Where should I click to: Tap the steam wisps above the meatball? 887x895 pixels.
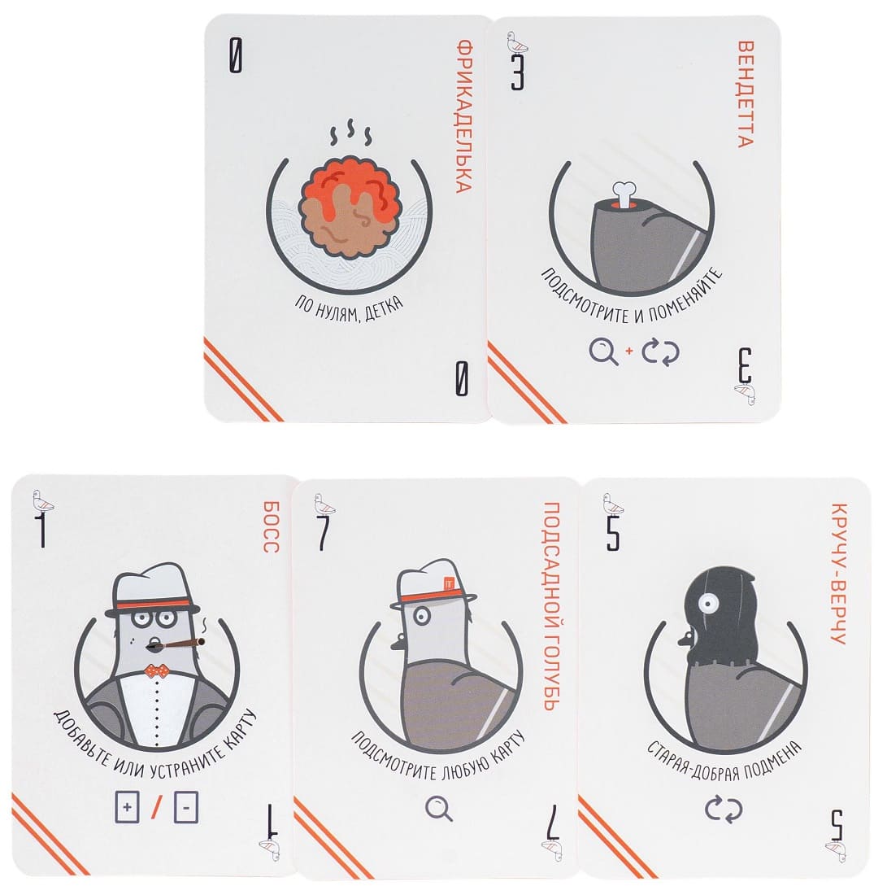(350, 133)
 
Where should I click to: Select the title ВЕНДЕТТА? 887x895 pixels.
(746, 94)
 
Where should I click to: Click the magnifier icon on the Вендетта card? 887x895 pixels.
(603, 351)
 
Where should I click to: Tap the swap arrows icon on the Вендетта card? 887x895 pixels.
(660, 351)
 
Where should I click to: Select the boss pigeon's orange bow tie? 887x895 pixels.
(155, 670)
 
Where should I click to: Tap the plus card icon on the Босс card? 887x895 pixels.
(127, 806)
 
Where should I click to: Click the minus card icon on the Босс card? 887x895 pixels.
(186, 806)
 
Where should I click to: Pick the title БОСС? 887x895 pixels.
(271, 527)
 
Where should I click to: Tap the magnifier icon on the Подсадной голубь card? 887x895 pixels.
(439, 809)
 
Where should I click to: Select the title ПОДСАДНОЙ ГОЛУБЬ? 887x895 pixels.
(550, 606)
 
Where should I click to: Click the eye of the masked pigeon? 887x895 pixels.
(708, 604)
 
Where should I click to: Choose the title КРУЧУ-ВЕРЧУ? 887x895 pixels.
(838, 574)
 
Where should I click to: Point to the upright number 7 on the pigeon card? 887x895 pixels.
(324, 533)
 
